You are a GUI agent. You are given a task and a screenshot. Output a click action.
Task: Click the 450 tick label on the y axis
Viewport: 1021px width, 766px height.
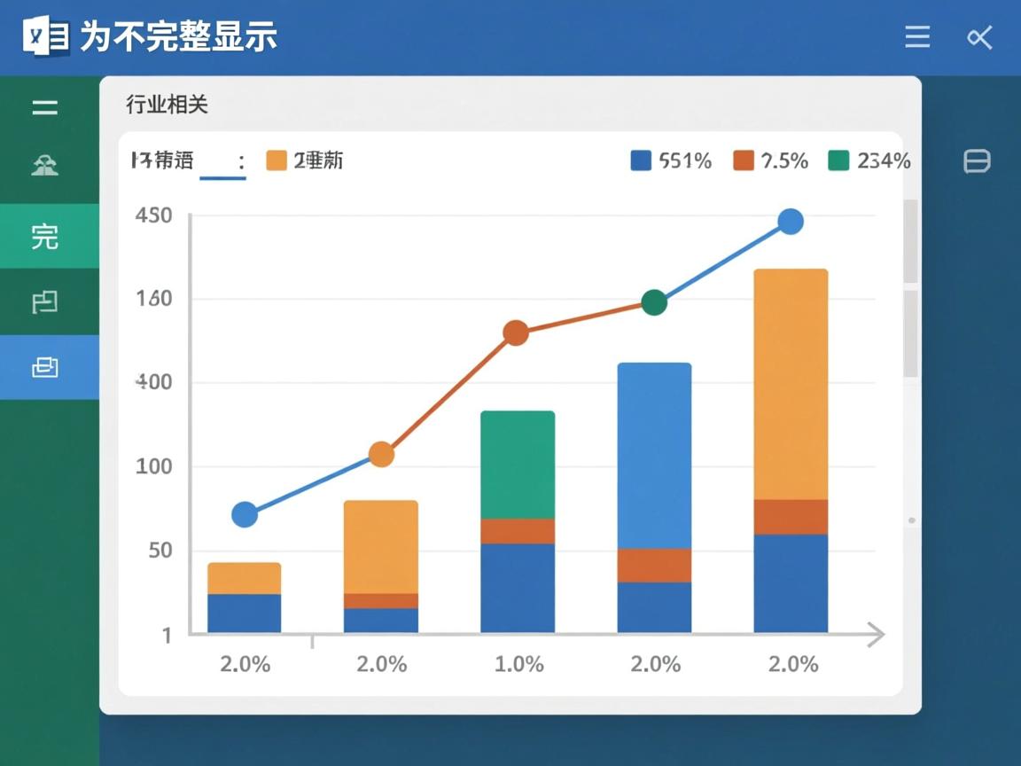click(x=153, y=215)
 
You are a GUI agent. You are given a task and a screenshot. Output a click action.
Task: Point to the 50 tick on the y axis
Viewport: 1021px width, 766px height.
click(x=153, y=550)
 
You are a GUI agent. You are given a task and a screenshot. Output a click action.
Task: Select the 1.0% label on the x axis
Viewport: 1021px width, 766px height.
click(x=518, y=664)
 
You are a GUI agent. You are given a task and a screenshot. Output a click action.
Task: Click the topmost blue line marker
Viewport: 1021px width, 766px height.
click(x=791, y=222)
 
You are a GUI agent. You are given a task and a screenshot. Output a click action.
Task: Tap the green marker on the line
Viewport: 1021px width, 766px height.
click(x=653, y=302)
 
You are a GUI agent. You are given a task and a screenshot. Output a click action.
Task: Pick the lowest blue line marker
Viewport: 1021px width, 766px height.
click(x=245, y=514)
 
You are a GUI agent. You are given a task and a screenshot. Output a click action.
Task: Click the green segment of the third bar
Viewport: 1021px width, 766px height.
click(x=518, y=465)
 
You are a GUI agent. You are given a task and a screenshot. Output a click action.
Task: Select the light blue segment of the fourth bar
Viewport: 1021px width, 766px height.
click(x=654, y=456)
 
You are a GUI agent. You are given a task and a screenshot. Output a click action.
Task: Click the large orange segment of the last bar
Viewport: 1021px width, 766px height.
click(x=791, y=384)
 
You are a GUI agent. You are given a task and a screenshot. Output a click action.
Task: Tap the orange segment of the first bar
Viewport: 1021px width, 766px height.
click(x=245, y=578)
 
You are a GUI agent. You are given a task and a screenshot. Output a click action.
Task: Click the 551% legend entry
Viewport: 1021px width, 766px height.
click(x=671, y=160)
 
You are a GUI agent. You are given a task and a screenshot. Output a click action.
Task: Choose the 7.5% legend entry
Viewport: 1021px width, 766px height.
click(x=771, y=160)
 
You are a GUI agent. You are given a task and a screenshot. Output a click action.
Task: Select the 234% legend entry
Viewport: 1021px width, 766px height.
click(x=869, y=160)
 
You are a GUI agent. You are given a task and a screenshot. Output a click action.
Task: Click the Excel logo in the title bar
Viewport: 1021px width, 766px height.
click(x=46, y=37)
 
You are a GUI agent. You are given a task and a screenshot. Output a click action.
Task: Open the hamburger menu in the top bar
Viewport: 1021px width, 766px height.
click(x=917, y=37)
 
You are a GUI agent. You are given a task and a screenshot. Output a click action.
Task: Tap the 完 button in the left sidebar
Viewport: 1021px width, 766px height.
click(x=45, y=237)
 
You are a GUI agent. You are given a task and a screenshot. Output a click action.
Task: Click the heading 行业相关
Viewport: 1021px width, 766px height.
click(x=167, y=105)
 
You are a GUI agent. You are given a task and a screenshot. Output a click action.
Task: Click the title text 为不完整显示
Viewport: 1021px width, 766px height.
click(x=178, y=37)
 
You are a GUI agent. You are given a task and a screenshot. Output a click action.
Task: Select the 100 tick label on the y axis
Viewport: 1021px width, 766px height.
click(x=153, y=466)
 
